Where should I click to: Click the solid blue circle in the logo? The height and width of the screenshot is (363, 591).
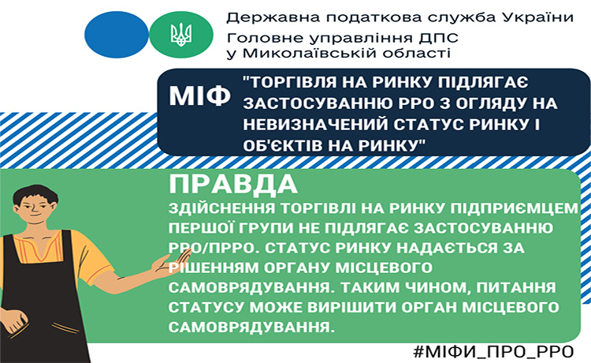click(x=117, y=35)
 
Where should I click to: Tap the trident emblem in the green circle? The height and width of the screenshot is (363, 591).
click(x=181, y=35)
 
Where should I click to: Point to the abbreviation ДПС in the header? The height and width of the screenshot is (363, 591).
click(x=437, y=37)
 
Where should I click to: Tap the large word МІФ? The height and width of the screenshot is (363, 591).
click(x=199, y=95)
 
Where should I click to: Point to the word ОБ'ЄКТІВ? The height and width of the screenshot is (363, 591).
click(x=282, y=146)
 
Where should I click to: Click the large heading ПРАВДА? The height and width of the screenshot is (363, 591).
click(x=233, y=184)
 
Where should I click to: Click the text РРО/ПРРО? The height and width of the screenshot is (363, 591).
click(x=214, y=248)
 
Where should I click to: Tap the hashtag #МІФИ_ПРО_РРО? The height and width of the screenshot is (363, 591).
click(x=493, y=352)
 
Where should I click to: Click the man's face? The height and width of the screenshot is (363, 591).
click(x=35, y=209)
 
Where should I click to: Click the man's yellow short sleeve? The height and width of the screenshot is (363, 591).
click(x=93, y=257)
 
